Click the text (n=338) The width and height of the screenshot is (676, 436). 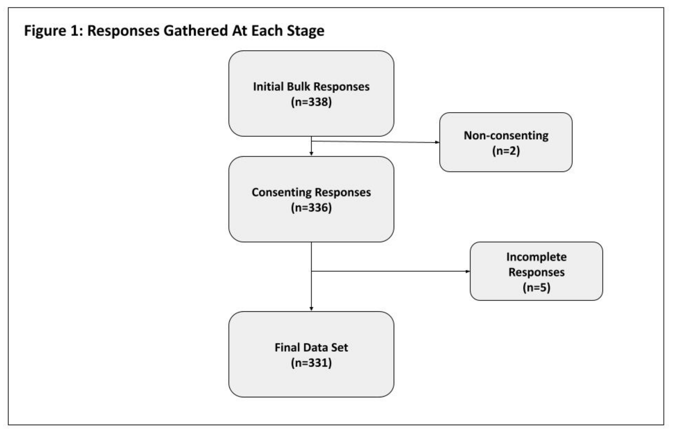pos(311,102)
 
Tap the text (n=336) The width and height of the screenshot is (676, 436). pos(311,208)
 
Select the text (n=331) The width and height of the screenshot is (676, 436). pos(311,363)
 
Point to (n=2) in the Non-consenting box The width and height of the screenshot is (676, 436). pos(506,151)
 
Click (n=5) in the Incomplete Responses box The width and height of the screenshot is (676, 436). pos(536,287)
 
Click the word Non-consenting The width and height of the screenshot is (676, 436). pos(506,136)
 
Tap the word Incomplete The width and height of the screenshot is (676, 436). pos(536,257)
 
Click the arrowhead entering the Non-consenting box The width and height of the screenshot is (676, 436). pos(437,142)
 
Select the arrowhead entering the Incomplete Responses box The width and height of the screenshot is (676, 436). pos(468,271)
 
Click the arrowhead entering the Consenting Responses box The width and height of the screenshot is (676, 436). pos(311,153)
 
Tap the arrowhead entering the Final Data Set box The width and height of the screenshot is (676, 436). pos(311,309)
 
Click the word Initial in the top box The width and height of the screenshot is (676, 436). pos(268,87)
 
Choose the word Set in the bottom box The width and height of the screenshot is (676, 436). pos(339,347)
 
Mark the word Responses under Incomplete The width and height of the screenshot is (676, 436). pos(536,272)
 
